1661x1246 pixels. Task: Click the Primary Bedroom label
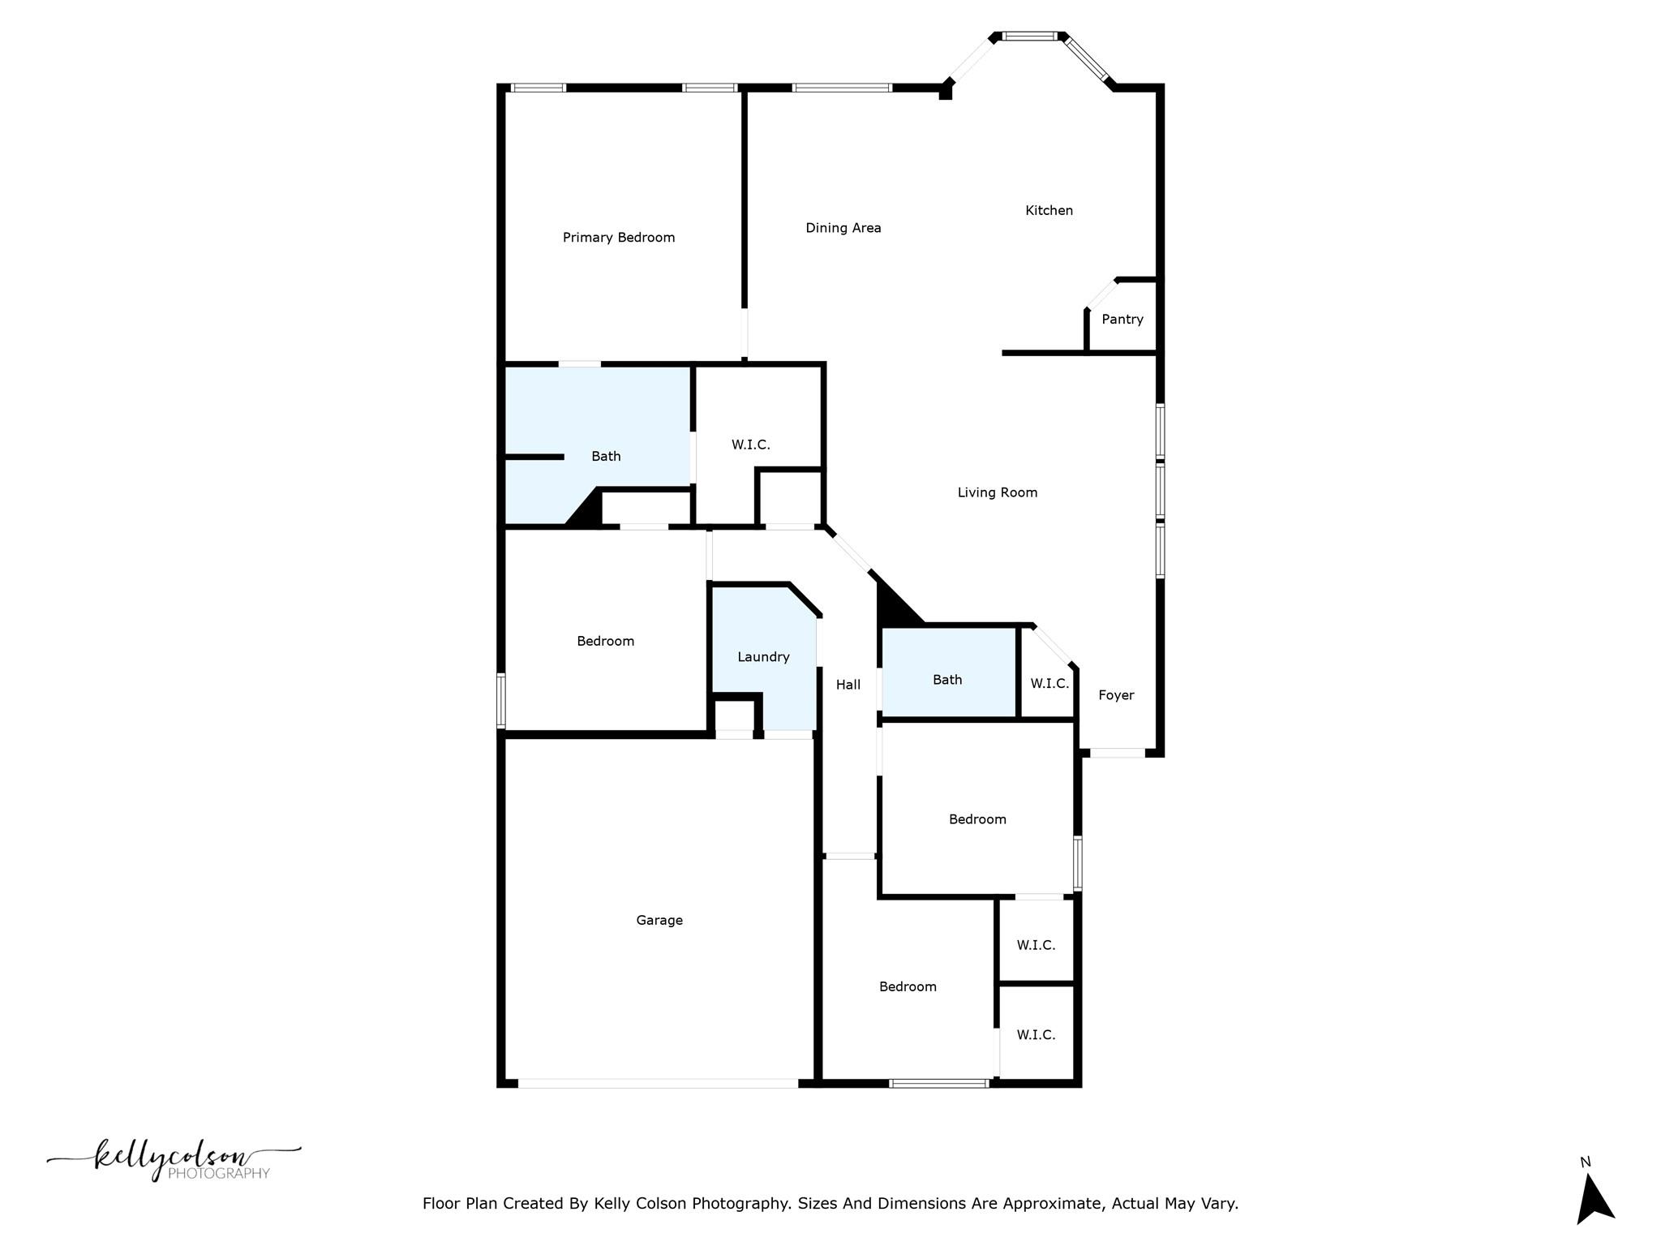tap(619, 238)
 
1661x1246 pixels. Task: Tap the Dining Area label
tap(843, 228)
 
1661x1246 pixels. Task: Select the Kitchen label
tap(1049, 211)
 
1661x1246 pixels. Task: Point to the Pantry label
tap(1122, 320)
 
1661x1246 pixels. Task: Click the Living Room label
tap(997, 492)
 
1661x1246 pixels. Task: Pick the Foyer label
tap(1116, 695)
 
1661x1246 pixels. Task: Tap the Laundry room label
tap(763, 657)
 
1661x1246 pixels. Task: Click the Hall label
tap(848, 685)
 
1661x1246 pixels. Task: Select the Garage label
tap(659, 920)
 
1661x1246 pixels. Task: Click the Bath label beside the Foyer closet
tap(946, 680)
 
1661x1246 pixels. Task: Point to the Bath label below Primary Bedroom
tap(606, 457)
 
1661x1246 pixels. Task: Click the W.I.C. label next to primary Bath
tap(750, 445)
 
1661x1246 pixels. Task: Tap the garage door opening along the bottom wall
tap(658, 1083)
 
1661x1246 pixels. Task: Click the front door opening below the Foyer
tap(1117, 753)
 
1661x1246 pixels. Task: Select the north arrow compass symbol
tap(1594, 1197)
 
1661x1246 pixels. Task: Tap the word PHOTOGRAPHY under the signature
tap(219, 1174)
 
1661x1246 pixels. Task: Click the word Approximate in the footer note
tap(1052, 1204)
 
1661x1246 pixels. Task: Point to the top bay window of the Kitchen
tap(1030, 36)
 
